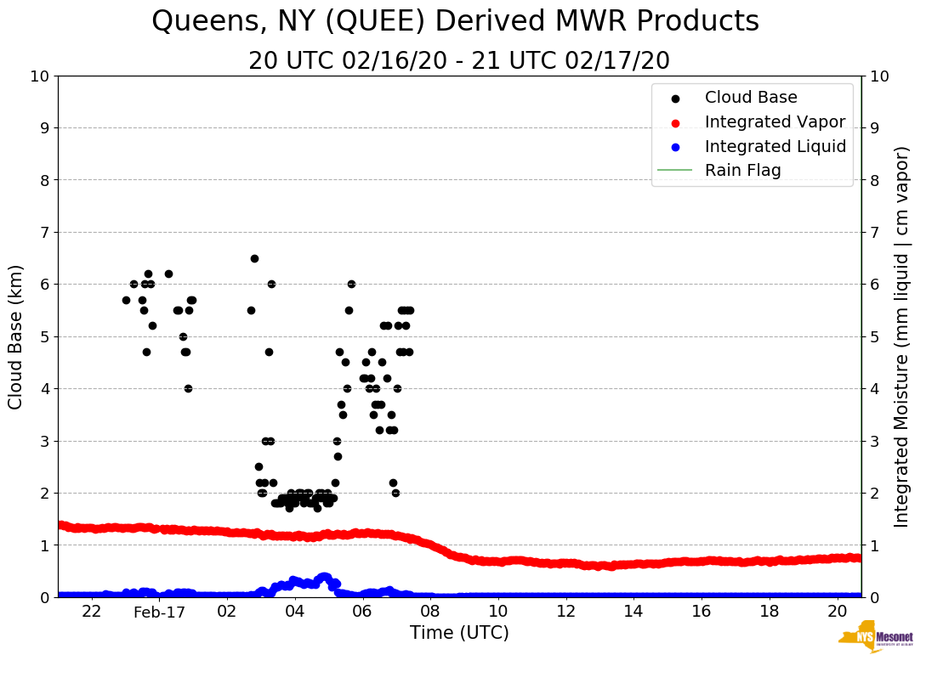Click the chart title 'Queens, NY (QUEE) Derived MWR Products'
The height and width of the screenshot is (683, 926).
click(x=455, y=21)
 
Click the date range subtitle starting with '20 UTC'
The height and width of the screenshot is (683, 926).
click(x=459, y=61)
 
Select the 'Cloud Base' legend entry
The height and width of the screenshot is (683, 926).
click(x=750, y=98)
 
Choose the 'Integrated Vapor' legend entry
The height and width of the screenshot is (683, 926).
click(x=775, y=121)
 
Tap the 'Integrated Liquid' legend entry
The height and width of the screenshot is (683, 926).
click(x=775, y=146)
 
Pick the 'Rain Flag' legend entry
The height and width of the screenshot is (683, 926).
click(x=742, y=170)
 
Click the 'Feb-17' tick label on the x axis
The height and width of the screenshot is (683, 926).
click(x=159, y=612)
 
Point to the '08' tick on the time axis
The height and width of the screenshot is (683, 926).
click(x=430, y=612)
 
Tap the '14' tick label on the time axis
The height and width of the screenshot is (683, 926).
click(x=633, y=612)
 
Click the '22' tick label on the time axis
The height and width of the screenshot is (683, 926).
click(x=92, y=612)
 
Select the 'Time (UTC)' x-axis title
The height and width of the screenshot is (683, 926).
click(x=459, y=633)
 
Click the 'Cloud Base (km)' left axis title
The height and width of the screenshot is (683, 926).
click(x=16, y=336)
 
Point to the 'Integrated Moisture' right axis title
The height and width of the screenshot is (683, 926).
click(x=902, y=336)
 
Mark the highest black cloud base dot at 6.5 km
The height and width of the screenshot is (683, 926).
click(x=254, y=258)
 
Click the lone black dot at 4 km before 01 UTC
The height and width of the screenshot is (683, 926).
click(x=188, y=388)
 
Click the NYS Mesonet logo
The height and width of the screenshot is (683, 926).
click(x=876, y=640)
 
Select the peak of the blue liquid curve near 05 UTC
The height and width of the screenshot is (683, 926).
click(x=323, y=577)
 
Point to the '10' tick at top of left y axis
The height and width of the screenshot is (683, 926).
click(x=39, y=76)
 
